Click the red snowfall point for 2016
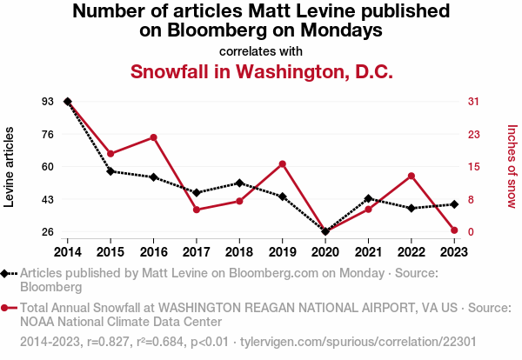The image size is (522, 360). pos(153,137)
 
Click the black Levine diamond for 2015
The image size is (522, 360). pos(110,171)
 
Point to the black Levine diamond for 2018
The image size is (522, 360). pos(239,183)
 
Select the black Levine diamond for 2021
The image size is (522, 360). pos(368,198)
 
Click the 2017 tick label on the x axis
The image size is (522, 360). pos(196,251)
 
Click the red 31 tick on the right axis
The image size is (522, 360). pos(473,102)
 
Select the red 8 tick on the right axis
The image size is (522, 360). pos(471,199)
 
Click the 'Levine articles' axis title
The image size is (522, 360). pos(10,166)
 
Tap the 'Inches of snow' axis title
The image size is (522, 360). pos(512,166)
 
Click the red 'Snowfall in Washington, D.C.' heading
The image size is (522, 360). pos(261,71)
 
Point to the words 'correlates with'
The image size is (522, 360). pos(261,50)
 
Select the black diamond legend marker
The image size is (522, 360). pos(6,273)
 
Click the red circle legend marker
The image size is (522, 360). pos(6,308)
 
